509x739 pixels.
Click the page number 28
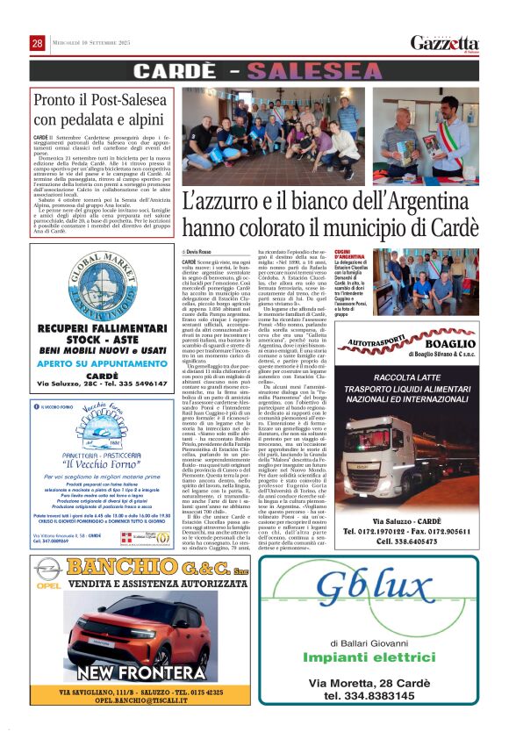click(x=38, y=43)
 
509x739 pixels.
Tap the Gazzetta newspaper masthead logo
click(x=445, y=43)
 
